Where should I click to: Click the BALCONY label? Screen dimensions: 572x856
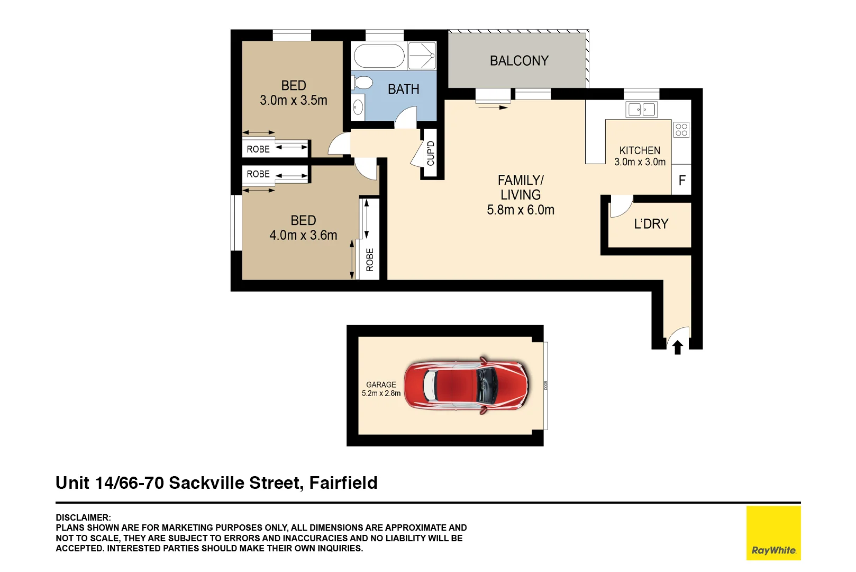(x=519, y=61)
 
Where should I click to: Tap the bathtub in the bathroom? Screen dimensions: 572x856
(x=379, y=56)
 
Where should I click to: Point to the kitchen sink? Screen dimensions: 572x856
(x=641, y=110)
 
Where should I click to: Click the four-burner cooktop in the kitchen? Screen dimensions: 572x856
(x=681, y=130)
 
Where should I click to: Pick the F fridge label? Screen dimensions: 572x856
(x=682, y=181)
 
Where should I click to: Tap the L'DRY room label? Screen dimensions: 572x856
(x=651, y=224)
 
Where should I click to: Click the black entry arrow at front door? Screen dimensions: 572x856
(x=678, y=347)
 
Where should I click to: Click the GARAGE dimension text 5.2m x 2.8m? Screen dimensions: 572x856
(x=381, y=394)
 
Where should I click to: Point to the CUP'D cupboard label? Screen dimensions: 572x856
(x=431, y=153)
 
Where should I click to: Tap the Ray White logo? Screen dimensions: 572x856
(x=773, y=533)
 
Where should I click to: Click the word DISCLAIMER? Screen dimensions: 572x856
(x=83, y=517)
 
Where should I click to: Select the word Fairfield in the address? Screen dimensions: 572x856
(x=343, y=483)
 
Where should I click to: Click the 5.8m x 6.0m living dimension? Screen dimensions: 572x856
(x=521, y=210)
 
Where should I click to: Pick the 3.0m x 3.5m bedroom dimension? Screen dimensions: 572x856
(x=294, y=100)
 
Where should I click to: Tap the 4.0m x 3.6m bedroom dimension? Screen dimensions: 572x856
(x=303, y=235)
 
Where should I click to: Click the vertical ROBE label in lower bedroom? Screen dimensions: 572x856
(x=370, y=260)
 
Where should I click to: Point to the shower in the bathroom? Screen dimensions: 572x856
(x=422, y=56)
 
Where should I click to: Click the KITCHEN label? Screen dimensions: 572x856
(x=640, y=150)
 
